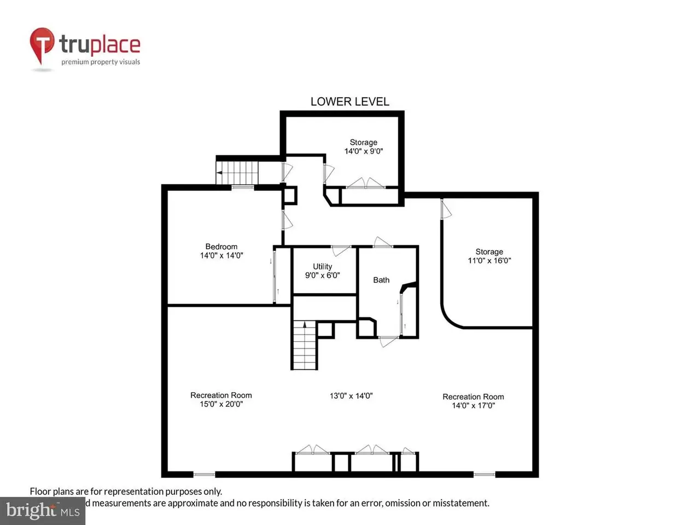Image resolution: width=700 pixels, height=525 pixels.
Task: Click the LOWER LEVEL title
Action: click(349, 102)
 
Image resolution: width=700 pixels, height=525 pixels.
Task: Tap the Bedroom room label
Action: click(221, 247)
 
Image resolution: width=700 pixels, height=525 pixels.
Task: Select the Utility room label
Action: click(323, 266)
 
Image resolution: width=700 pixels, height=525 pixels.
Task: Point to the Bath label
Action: click(381, 280)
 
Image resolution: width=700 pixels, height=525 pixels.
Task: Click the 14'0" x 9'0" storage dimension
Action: click(364, 151)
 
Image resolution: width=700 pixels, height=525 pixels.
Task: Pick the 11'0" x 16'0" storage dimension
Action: click(489, 260)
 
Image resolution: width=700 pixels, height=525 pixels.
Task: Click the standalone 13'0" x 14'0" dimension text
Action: click(351, 396)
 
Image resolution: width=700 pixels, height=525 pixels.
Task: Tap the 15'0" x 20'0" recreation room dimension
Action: click(221, 404)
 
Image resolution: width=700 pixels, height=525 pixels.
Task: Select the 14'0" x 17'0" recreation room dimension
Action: click(473, 405)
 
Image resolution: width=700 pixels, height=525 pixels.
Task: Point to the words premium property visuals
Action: click(101, 62)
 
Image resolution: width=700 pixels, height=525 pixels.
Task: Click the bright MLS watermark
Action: click(43, 510)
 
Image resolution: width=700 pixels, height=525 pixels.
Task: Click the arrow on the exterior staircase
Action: click(220, 173)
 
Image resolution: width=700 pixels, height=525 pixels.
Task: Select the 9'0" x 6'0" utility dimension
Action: click(323, 275)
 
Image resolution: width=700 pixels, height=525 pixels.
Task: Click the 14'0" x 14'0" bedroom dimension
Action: click(221, 255)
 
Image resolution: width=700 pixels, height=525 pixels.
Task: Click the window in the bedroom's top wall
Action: click(242, 188)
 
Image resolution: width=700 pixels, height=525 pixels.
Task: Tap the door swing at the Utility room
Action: click(341, 251)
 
